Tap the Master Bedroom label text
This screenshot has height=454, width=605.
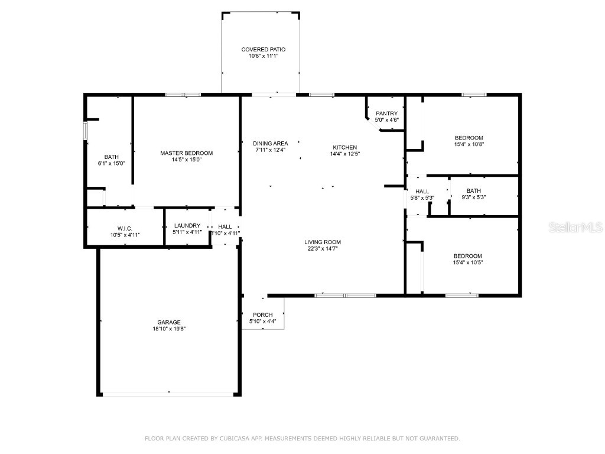pos(186,153)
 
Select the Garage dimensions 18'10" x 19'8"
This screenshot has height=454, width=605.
pos(168,329)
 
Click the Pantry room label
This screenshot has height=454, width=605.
pos(386,113)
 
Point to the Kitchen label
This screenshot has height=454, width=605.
pos(344,147)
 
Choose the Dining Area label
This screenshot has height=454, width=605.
pos(270,143)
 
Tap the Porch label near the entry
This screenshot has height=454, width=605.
pos(262,314)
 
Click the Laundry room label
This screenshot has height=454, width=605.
pos(187,226)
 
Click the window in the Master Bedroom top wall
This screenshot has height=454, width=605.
pos(183,95)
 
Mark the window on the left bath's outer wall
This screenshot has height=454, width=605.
pos(85,130)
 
